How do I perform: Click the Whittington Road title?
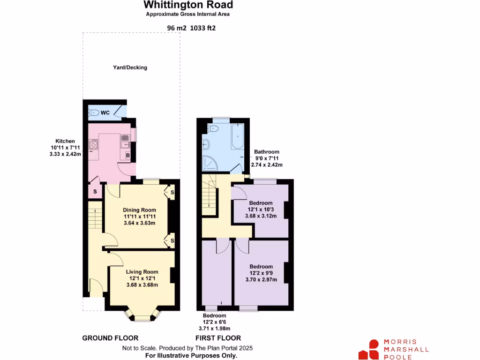(x=188, y=5)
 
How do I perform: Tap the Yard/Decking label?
(x=130, y=67)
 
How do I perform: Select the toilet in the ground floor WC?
(x=94, y=112)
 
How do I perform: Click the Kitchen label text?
(x=65, y=141)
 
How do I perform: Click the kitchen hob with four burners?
(x=93, y=144)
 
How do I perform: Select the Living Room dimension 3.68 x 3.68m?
(x=142, y=285)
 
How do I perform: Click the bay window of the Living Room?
(x=142, y=316)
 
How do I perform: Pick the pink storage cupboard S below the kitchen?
(x=95, y=192)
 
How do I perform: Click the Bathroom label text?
(x=267, y=152)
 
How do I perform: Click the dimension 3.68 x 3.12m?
(x=261, y=216)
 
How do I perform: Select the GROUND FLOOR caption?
(x=110, y=338)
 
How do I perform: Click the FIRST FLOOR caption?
(x=218, y=338)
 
